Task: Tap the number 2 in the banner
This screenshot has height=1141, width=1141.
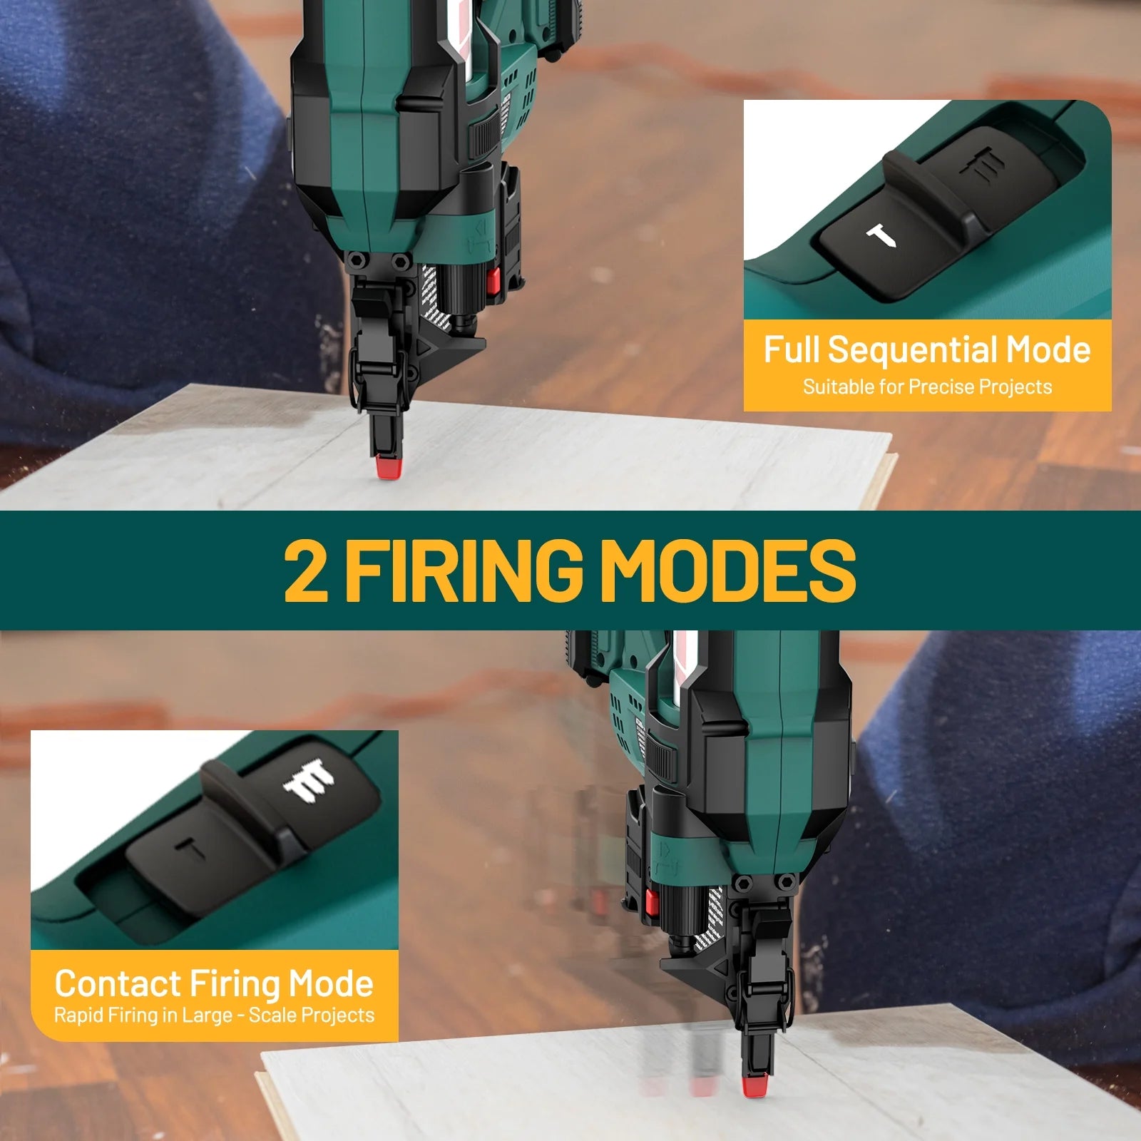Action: (x=306, y=570)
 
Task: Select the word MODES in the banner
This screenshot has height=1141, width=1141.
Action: (x=728, y=570)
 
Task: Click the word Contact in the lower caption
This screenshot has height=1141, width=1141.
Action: (x=118, y=983)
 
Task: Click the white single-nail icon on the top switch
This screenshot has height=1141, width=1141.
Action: (x=881, y=237)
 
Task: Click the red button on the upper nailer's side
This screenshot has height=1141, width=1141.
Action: (x=492, y=281)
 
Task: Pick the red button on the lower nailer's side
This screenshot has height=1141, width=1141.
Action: (x=650, y=903)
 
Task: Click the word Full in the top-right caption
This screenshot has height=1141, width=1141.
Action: (x=792, y=350)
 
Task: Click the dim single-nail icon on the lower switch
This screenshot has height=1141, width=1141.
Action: (x=191, y=849)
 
